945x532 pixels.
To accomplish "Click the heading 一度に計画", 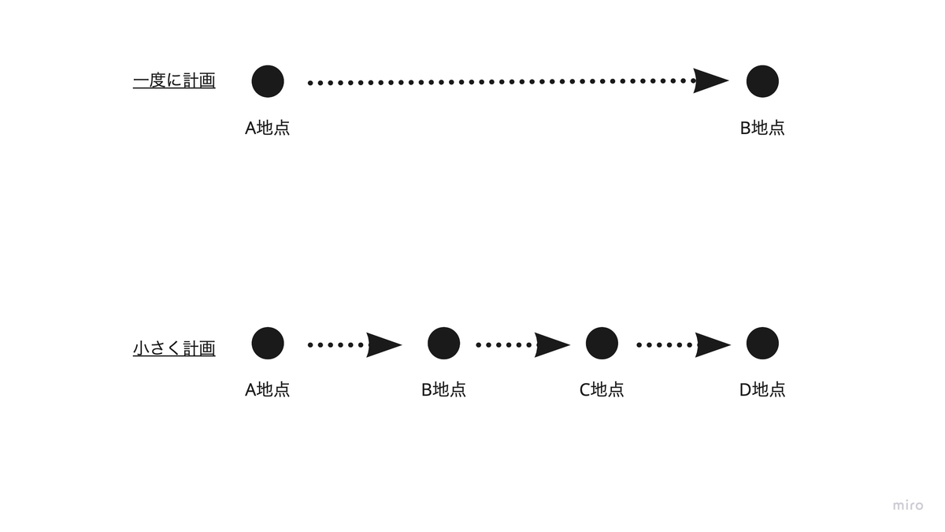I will pyautogui.click(x=174, y=80).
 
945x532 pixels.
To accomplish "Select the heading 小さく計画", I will pyautogui.click(x=174, y=348).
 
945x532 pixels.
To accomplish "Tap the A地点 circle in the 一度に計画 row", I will pyautogui.click(x=268, y=81).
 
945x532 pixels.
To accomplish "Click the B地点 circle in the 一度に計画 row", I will pyautogui.click(x=762, y=81).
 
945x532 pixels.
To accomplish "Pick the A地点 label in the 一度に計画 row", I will pyautogui.click(x=268, y=128).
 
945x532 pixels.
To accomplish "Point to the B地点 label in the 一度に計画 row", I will pyautogui.click(x=762, y=128).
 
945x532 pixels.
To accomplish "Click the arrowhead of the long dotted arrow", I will pyautogui.click(x=710, y=81).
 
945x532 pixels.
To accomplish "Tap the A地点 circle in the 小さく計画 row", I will pyautogui.click(x=268, y=343).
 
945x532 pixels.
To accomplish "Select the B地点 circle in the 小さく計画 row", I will pyautogui.click(x=443, y=343).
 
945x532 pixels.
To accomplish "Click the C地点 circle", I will pyautogui.click(x=602, y=343).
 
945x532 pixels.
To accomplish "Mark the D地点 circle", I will pyautogui.click(x=762, y=343).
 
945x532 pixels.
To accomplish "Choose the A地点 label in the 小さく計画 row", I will pyautogui.click(x=268, y=389).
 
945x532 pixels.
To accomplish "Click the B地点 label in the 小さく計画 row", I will pyautogui.click(x=443, y=389).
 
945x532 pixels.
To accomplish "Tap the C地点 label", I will pyautogui.click(x=602, y=389).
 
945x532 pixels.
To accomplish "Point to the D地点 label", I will pyautogui.click(x=762, y=389).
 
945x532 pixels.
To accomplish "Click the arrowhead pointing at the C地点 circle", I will pyautogui.click(x=551, y=344).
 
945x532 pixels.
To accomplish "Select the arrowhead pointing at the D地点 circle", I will pyautogui.click(x=712, y=344).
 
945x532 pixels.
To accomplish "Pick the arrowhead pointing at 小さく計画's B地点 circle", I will pyautogui.click(x=384, y=344).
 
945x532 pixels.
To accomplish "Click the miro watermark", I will pyautogui.click(x=908, y=505).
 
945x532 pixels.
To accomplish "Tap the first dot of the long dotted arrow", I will pyautogui.click(x=310, y=82).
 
